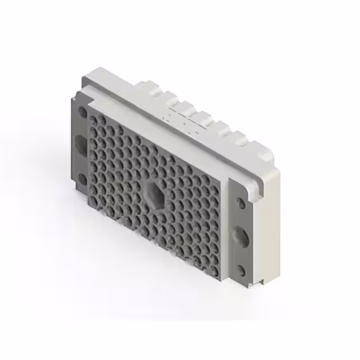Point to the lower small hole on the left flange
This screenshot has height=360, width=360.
82,179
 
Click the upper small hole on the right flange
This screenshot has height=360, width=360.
241,201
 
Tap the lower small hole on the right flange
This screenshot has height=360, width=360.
241,270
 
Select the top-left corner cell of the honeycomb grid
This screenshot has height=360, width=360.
93,119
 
